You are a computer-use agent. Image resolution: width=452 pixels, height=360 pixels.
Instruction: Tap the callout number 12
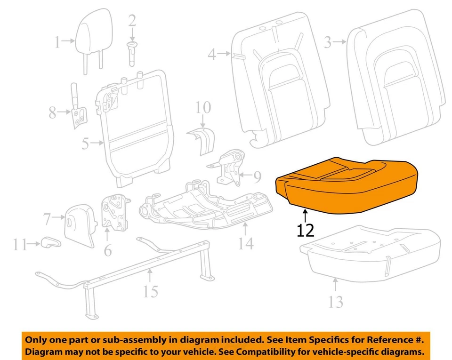306,231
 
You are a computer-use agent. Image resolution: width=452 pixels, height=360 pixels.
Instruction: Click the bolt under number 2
132,52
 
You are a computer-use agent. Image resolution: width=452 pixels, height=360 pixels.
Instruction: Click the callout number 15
151,292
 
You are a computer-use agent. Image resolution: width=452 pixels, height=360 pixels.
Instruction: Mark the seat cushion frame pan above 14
207,202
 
